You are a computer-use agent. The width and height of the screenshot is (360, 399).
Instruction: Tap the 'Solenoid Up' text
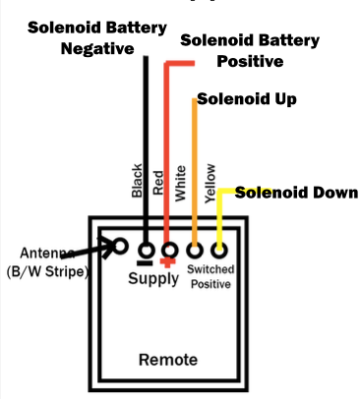coord(246,100)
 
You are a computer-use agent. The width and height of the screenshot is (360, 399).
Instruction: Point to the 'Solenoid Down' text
coord(295,193)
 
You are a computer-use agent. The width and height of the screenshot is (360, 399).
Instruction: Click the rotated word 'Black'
coord(137,180)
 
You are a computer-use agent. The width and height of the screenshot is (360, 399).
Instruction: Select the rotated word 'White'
coord(180,182)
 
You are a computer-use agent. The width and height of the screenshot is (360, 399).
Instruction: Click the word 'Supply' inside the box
coord(153,278)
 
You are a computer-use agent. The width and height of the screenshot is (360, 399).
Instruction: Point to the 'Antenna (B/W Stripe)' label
coord(46,262)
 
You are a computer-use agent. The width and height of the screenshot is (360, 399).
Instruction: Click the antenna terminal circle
coord(122,247)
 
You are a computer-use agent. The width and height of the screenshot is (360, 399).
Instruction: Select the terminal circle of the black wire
coord(147,250)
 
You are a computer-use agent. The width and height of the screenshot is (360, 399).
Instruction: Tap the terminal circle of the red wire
coord(169,250)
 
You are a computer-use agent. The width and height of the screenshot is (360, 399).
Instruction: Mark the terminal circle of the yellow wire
coord(218,250)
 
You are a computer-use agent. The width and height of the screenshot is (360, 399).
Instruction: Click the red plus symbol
coord(169,263)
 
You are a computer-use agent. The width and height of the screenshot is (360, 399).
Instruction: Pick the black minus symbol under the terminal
coord(146,263)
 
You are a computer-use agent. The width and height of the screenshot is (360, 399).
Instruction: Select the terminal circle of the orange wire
coord(195,250)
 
